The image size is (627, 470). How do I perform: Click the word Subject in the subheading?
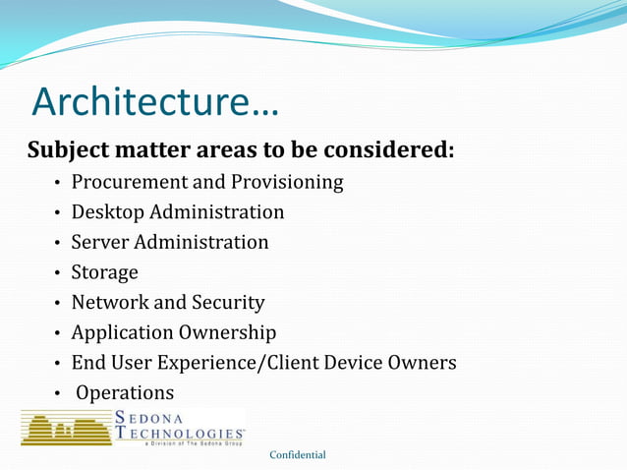(67, 151)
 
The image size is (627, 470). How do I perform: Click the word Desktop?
(107, 212)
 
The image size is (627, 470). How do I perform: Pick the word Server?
(99, 242)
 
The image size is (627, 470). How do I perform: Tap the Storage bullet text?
(104, 272)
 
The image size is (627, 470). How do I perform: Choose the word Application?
(122, 333)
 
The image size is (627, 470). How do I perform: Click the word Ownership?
(227, 333)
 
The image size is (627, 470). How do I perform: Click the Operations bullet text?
(125, 392)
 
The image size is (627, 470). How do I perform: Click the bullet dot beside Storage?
(59, 273)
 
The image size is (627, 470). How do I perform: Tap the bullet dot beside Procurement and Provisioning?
(59, 183)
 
